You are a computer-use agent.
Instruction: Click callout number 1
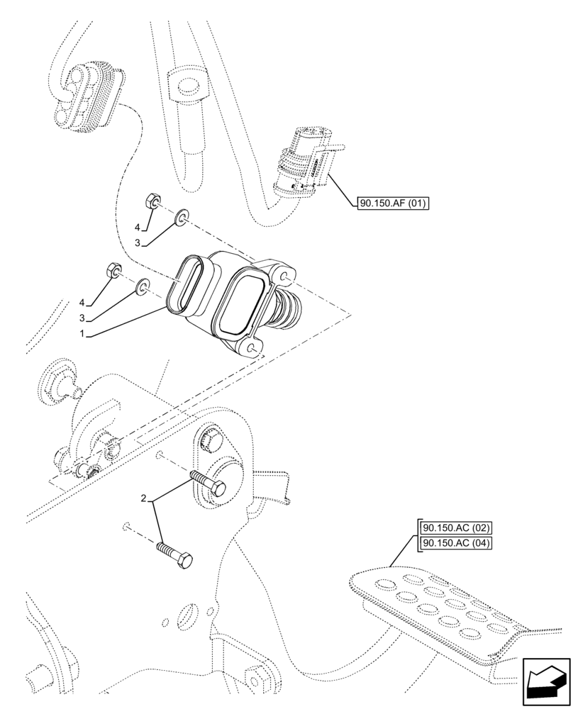[84, 333]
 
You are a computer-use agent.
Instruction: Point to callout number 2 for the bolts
[145, 500]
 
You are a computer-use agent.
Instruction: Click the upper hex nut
[151, 201]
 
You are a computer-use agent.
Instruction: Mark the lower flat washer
[143, 286]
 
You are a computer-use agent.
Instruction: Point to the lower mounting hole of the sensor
[252, 347]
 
